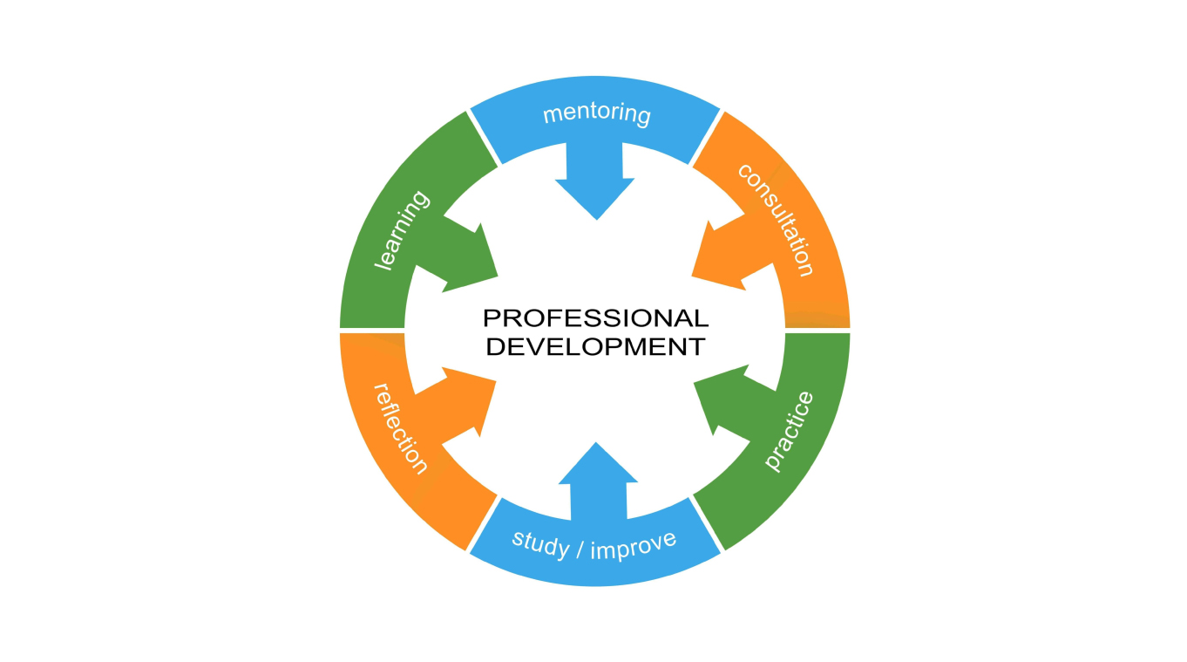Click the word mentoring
(597, 114)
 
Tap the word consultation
(776, 219)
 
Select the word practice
(789, 432)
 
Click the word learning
(402, 230)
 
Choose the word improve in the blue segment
(634, 544)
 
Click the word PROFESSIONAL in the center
(596, 318)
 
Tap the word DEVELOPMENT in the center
(595, 346)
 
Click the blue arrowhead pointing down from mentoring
(596, 196)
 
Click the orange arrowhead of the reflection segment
(471, 400)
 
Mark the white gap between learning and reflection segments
(372, 331)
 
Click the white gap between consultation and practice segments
(817, 331)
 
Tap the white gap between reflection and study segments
(484, 524)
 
